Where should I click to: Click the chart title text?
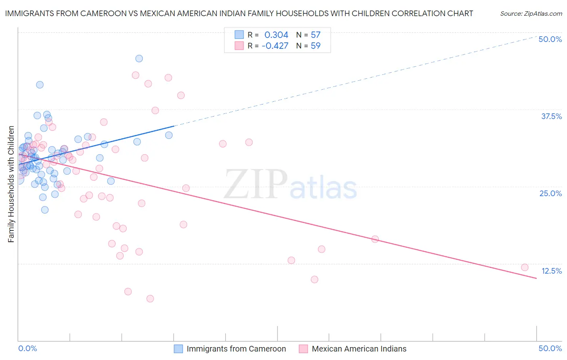pyautogui.click(x=239, y=13)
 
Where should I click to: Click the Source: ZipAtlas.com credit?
pyautogui.click(x=531, y=14)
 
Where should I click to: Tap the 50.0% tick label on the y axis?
pyautogui.click(x=550, y=39)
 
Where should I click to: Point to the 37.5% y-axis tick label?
pyautogui.click(x=551, y=116)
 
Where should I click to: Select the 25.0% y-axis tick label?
pyautogui.click(x=550, y=193)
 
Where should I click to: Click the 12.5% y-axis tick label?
pyautogui.click(x=551, y=271)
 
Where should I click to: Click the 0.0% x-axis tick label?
pyautogui.click(x=27, y=348)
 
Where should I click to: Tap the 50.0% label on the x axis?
pyautogui.click(x=550, y=348)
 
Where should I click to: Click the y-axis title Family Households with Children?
pyautogui.click(x=11, y=184)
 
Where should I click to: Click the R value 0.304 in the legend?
pyautogui.click(x=276, y=35)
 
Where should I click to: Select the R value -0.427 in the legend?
pyautogui.click(x=275, y=46)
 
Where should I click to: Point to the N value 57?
pyautogui.click(x=315, y=35)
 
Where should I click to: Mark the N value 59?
pyautogui.click(x=315, y=46)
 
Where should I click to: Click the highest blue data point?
pyautogui.click(x=139, y=59)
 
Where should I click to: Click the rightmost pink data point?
pyautogui.click(x=525, y=267)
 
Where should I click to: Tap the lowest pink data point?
pyautogui.click(x=150, y=299)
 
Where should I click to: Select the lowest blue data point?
pyautogui.click(x=45, y=210)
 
